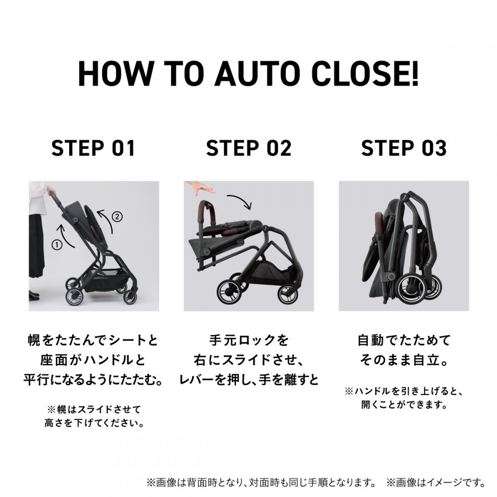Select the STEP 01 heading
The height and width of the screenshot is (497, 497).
[x=93, y=148]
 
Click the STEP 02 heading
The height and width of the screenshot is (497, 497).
[x=248, y=148]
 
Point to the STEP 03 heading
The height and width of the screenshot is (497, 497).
[x=404, y=148]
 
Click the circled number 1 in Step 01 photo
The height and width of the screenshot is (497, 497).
[x=57, y=244]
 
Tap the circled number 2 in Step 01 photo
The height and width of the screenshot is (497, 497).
[x=117, y=217]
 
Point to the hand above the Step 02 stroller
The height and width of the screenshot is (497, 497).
[x=199, y=188]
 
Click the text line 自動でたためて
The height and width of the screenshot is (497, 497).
[x=404, y=341]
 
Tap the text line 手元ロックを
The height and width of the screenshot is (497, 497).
[x=248, y=341]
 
